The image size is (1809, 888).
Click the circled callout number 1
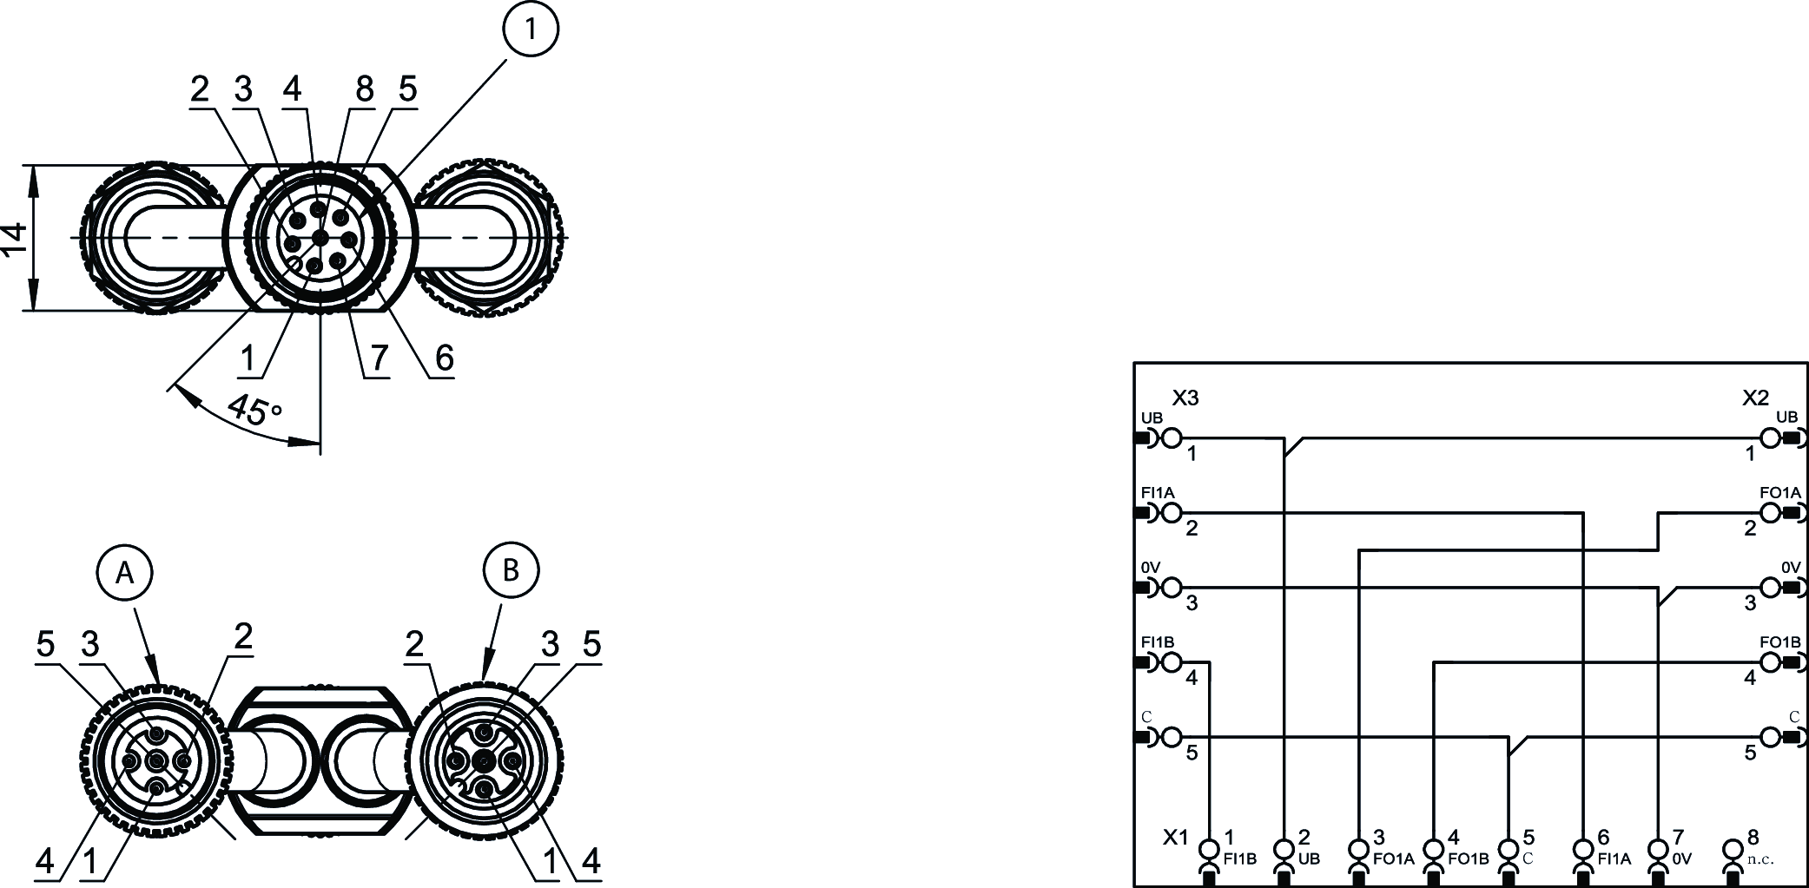point(530,30)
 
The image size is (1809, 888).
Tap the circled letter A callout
point(124,572)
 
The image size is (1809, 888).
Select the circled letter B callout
point(511,570)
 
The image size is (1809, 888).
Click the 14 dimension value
point(14,239)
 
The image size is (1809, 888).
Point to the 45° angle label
point(253,410)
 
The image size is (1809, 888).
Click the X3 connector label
point(1185,398)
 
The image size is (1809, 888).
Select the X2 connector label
point(1755,398)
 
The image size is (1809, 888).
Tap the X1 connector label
point(1175,838)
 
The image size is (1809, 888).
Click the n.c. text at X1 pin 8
point(1759,859)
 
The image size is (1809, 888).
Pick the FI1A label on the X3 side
point(1158,492)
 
